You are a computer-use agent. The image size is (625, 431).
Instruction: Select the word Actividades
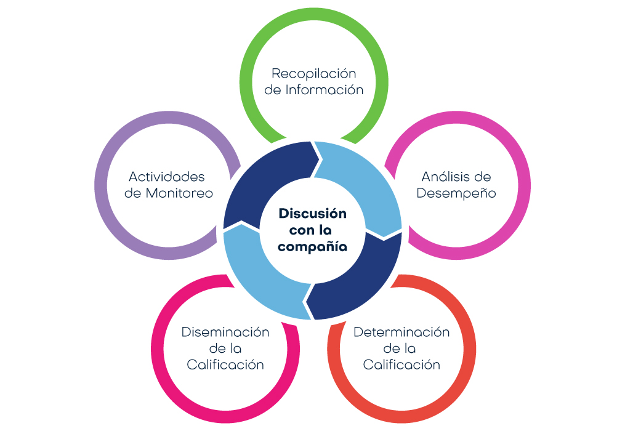coord(166,177)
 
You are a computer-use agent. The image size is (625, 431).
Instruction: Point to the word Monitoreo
coord(179,193)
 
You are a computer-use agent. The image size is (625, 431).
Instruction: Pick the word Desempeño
coord(456,193)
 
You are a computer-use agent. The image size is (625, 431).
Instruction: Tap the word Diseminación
coord(225,332)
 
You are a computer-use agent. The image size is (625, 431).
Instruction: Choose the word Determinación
coord(401,332)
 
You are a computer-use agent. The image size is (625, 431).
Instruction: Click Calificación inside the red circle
coord(401,365)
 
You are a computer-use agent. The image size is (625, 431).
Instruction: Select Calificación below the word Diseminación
coord(225,365)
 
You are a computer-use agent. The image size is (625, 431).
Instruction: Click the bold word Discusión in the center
coord(313,214)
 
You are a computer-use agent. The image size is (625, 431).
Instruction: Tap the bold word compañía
coord(313,246)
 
